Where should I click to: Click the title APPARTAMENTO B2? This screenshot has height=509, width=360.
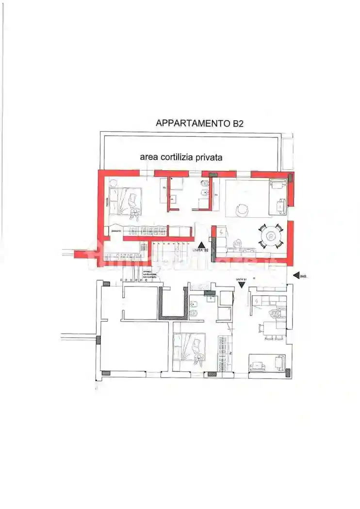tap(199, 123)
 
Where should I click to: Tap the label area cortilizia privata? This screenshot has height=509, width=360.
tap(181, 157)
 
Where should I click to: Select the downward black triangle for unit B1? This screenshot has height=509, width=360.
tap(242, 286)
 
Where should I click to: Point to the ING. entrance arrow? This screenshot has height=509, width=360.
tap(297, 276)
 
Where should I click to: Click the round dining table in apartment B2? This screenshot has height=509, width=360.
tap(270, 236)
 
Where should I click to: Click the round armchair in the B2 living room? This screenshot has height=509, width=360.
tap(241, 210)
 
